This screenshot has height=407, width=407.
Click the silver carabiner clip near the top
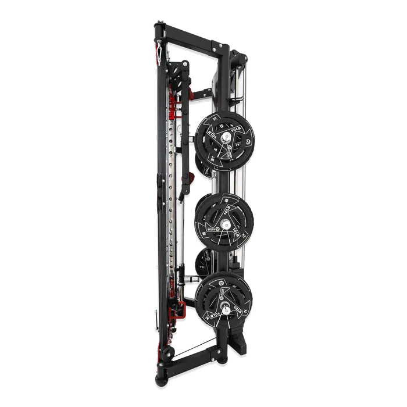click(157, 52)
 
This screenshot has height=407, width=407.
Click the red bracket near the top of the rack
click(173, 105)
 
